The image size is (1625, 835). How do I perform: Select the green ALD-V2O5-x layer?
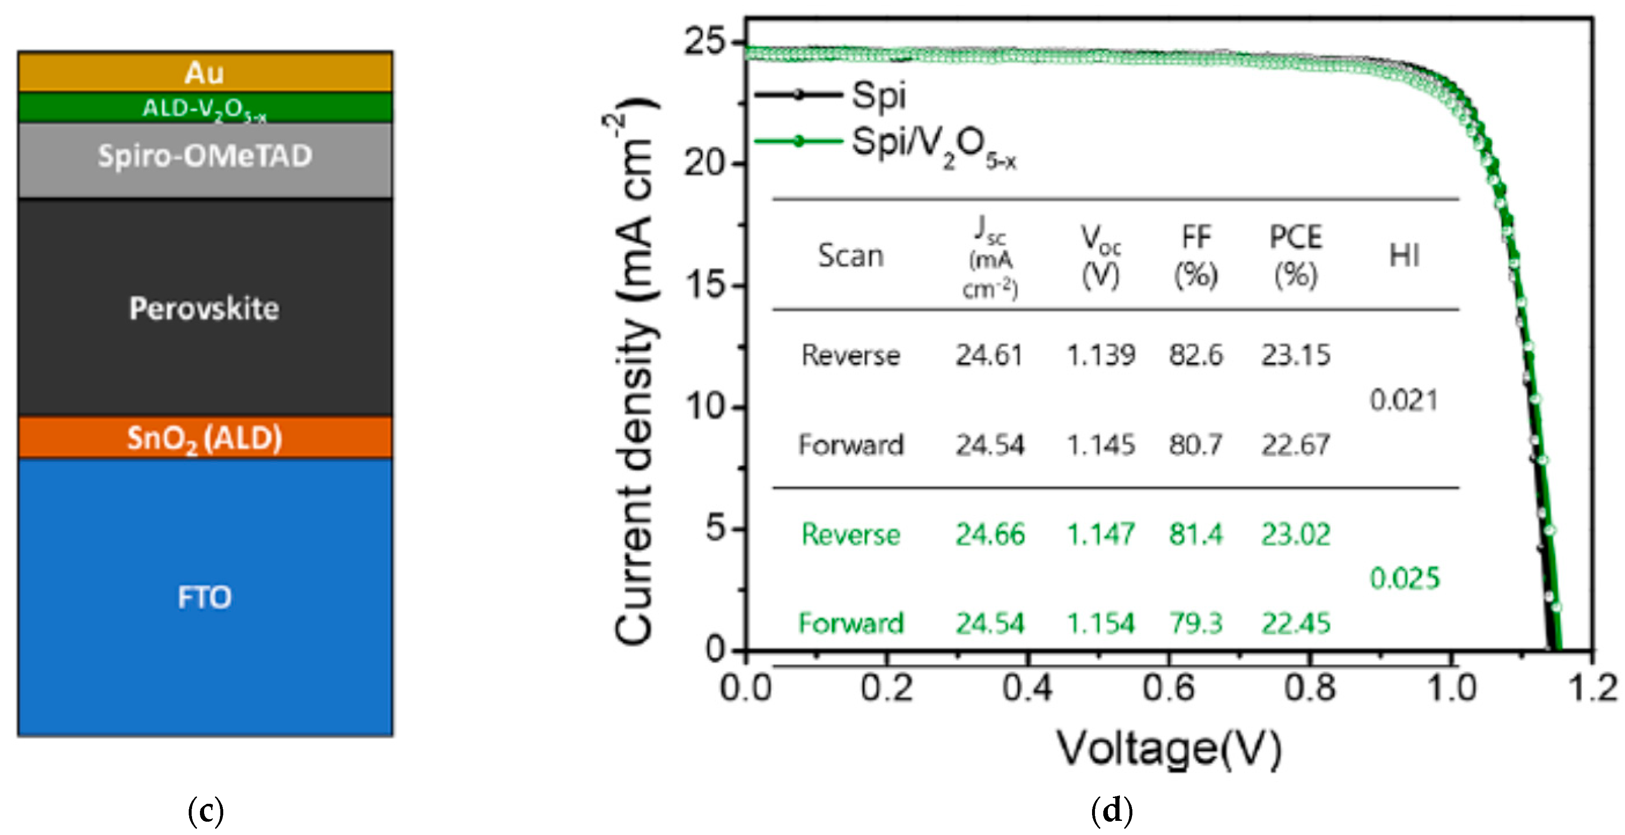coord(205,108)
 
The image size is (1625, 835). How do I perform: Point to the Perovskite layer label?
coord(205,309)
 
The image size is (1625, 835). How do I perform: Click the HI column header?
coord(1404,256)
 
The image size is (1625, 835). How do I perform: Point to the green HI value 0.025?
coord(1404,578)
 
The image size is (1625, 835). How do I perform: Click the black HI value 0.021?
coord(1404,400)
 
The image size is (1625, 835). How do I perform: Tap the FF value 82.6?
coord(1196,356)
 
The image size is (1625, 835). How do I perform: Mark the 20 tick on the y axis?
coord(707,163)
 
